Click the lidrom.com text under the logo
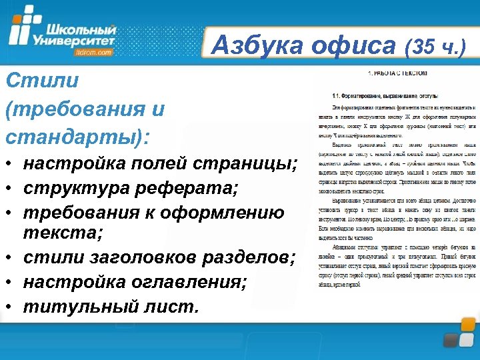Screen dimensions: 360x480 [x=94, y=53]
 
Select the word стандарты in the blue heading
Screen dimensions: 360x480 [x=72, y=136]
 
